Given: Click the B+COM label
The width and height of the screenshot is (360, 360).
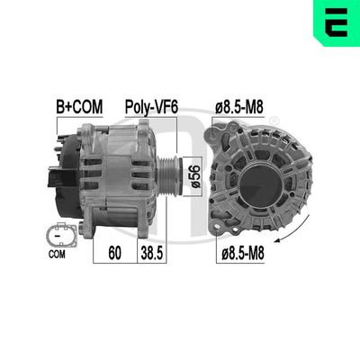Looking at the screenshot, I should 79,107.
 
